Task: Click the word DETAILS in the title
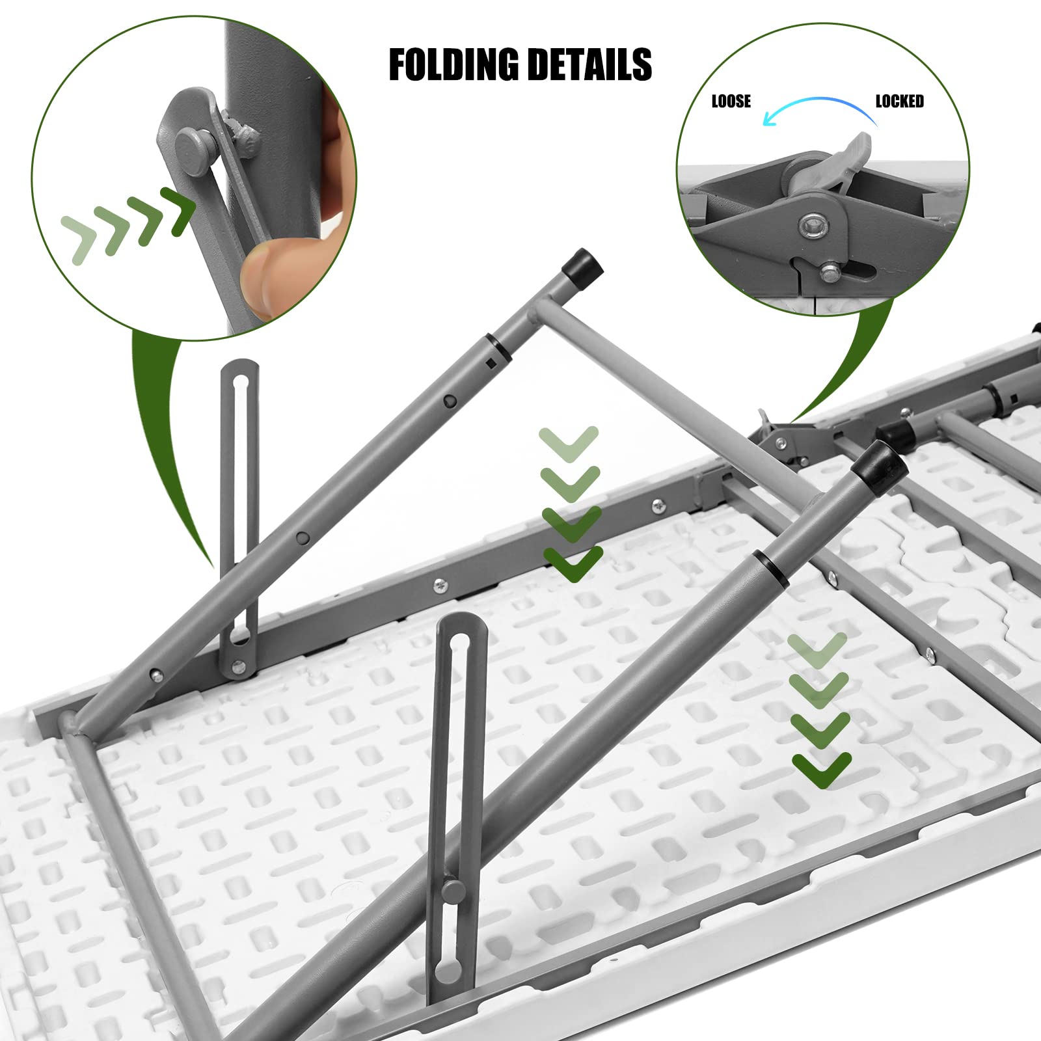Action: pyautogui.click(x=589, y=65)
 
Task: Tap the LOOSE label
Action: pyautogui.click(x=731, y=101)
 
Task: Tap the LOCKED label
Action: pyautogui.click(x=899, y=101)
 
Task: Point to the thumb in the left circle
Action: pyautogui.click(x=270, y=277)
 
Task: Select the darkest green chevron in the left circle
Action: pyautogui.click(x=178, y=210)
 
